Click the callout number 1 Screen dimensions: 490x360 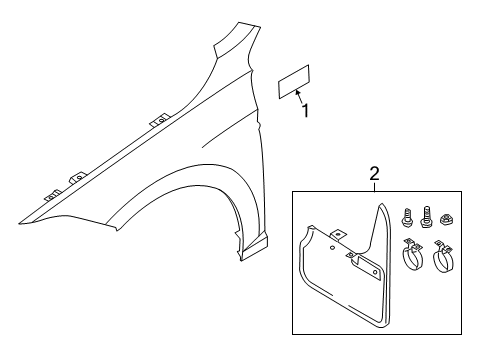point(305,111)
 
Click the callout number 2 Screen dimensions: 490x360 point(374,174)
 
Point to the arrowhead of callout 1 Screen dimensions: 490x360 point(297,92)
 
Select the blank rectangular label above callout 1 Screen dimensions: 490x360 point(294,82)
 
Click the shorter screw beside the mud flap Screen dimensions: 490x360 point(406,217)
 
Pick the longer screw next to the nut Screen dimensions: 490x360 point(426,217)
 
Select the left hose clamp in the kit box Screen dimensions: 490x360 point(413,254)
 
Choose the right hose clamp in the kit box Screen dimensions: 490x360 point(443,256)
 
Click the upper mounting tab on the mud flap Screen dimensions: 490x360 point(338,235)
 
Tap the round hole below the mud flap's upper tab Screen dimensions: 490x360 point(332,247)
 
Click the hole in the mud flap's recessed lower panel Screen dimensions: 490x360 point(375,272)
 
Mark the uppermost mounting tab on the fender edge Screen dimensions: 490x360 point(160,120)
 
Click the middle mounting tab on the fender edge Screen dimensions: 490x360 point(79,178)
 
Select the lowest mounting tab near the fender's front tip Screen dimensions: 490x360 point(53,195)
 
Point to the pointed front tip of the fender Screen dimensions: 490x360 point(20,223)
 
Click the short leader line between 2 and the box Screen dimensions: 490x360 point(374,187)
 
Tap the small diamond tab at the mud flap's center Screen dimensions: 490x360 point(350,255)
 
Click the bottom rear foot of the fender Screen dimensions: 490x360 point(254,249)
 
